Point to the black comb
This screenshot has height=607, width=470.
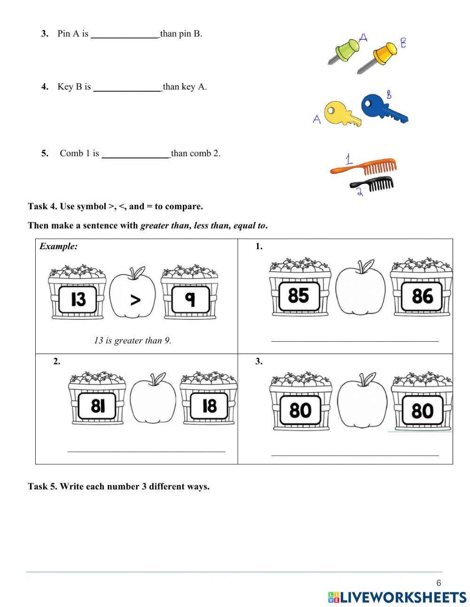tap(373, 183)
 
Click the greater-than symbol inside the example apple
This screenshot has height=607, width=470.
tap(135, 300)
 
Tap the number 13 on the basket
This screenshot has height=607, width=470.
tap(78, 299)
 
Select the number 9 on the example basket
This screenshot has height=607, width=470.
tap(190, 299)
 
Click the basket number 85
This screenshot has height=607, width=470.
tap(298, 296)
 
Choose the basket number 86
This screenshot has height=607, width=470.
tap(422, 296)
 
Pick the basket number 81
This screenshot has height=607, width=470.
tap(97, 405)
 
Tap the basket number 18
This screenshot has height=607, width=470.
tap(209, 405)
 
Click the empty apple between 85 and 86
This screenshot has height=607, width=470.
tap(360, 289)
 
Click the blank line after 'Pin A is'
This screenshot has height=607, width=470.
tap(125, 35)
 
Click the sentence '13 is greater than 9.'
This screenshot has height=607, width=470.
tap(133, 340)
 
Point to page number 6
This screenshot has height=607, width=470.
tap(439, 583)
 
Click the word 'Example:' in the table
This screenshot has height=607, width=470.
tap(59, 246)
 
